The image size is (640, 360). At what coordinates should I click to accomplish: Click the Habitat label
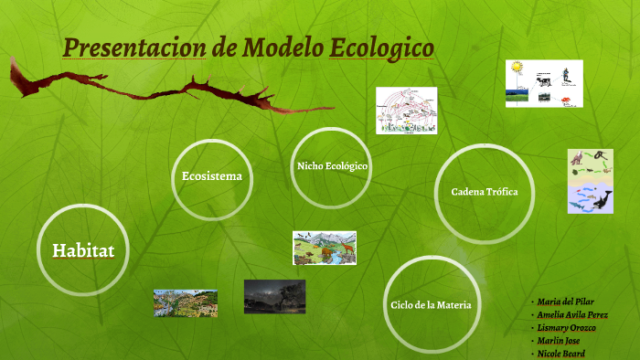(83, 249)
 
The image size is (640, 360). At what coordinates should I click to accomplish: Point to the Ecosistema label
(212, 175)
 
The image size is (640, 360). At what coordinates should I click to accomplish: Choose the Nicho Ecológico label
(332, 166)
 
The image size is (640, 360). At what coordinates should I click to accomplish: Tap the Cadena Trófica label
(485, 192)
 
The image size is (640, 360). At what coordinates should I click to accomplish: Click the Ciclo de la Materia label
(431, 304)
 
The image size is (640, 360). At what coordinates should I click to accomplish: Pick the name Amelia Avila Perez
(573, 314)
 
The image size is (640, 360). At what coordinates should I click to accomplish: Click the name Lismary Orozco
(567, 327)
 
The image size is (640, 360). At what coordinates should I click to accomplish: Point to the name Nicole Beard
(562, 353)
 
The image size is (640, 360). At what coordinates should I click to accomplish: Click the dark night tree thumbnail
(274, 296)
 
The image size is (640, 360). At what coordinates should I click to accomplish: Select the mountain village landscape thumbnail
(186, 302)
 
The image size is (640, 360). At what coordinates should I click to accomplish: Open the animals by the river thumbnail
(325, 247)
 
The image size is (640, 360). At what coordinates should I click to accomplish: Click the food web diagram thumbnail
(408, 111)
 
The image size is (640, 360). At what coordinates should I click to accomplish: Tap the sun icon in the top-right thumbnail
(517, 69)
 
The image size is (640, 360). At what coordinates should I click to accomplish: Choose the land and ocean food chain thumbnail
(591, 181)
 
